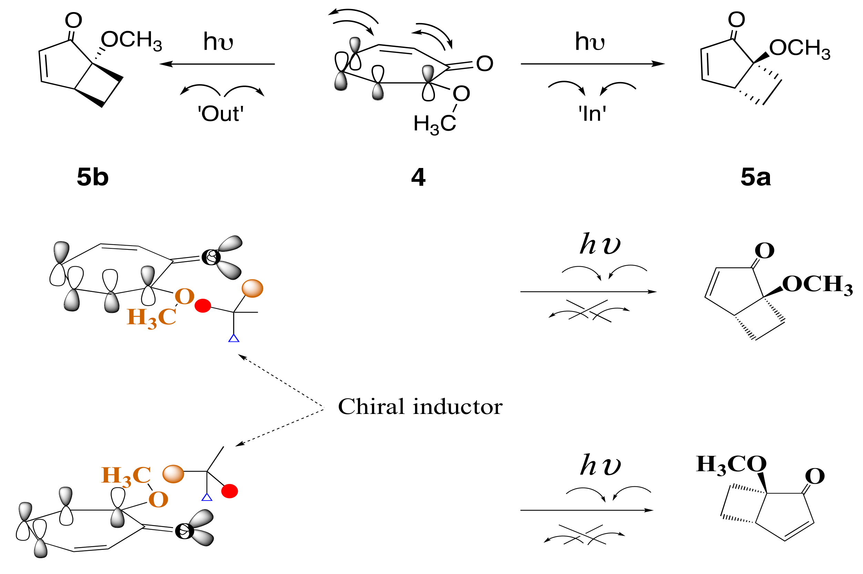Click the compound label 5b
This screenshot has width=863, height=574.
click(x=92, y=178)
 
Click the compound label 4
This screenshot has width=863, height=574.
click(x=418, y=178)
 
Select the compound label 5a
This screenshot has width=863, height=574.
click(x=755, y=178)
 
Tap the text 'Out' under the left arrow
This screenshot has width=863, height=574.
click(x=221, y=114)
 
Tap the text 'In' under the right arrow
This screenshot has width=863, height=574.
click(x=592, y=114)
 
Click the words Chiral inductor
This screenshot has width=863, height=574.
click(x=420, y=407)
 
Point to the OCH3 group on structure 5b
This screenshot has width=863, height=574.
click(x=131, y=40)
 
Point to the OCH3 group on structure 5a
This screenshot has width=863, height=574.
click(x=799, y=48)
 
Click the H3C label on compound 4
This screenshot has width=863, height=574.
click(x=434, y=124)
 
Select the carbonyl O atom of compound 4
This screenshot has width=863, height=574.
click(x=485, y=64)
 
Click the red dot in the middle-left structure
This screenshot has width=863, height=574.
click(x=203, y=306)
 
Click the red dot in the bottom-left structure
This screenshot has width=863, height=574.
click(x=230, y=491)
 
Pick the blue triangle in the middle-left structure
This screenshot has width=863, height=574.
click(x=234, y=338)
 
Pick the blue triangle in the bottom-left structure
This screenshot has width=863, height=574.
click(x=207, y=497)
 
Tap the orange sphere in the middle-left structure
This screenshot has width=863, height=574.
click(x=252, y=288)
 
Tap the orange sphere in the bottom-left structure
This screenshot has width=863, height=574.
click(x=173, y=474)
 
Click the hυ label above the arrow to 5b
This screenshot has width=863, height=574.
click(x=218, y=41)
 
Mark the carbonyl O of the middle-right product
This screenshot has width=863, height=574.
click(x=764, y=251)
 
